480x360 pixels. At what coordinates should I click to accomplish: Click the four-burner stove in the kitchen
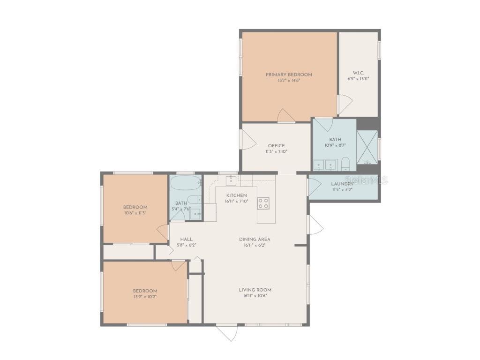tap(263, 203)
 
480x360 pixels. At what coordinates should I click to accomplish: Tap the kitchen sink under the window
tap(232, 180)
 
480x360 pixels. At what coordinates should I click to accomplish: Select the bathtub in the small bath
tap(186, 182)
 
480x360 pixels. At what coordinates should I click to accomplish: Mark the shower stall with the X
tap(367, 147)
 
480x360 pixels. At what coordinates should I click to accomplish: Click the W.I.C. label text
tap(358, 73)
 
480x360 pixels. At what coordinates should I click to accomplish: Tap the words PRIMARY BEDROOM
tap(289, 75)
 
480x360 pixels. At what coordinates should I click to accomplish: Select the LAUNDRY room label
tap(342, 184)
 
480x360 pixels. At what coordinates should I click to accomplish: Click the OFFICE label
tap(276, 145)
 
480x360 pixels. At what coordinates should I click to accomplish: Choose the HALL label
tap(186, 239)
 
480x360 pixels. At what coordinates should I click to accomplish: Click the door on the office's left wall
tap(247, 139)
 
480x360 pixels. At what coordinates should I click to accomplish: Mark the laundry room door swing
tap(314, 186)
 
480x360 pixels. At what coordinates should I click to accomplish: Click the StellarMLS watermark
tap(367, 180)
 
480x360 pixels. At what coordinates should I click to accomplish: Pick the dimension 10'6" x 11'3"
tap(135, 213)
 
